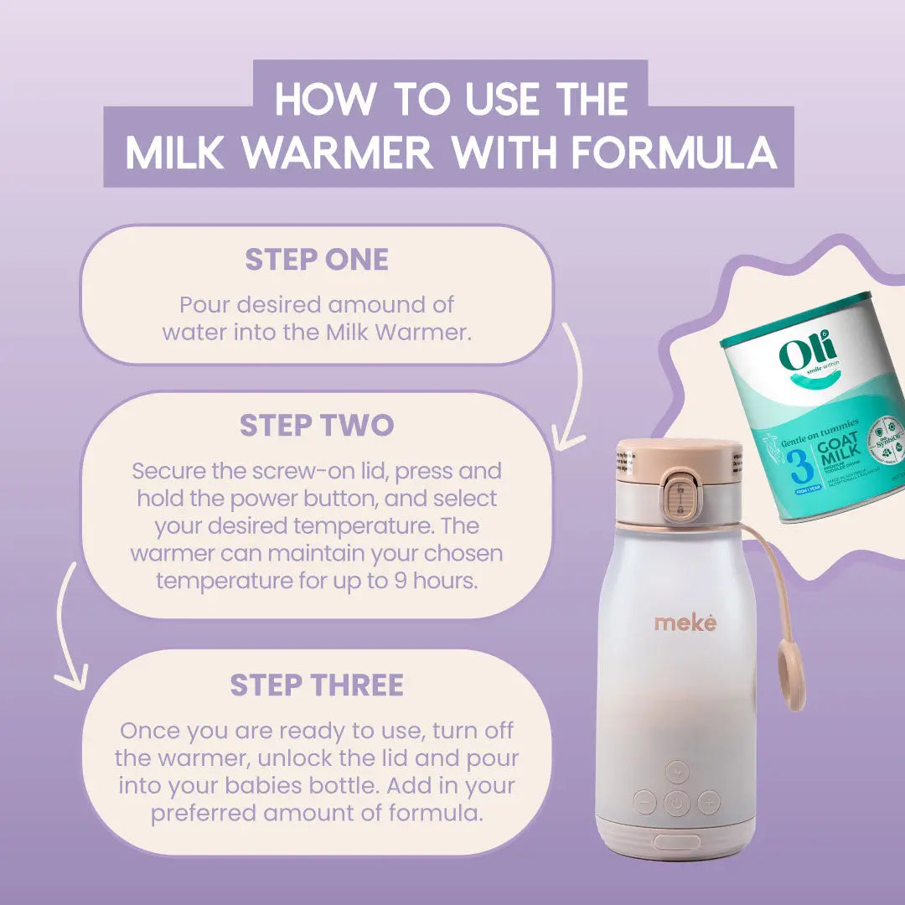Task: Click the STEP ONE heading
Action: (317, 260)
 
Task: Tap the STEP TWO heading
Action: (317, 426)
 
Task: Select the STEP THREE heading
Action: (317, 685)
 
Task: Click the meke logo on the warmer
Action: (685, 623)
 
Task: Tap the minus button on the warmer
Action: (644, 802)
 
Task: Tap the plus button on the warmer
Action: (709, 802)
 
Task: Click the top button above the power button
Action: (677, 772)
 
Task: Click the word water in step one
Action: (194, 332)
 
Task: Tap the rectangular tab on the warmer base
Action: (677, 842)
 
